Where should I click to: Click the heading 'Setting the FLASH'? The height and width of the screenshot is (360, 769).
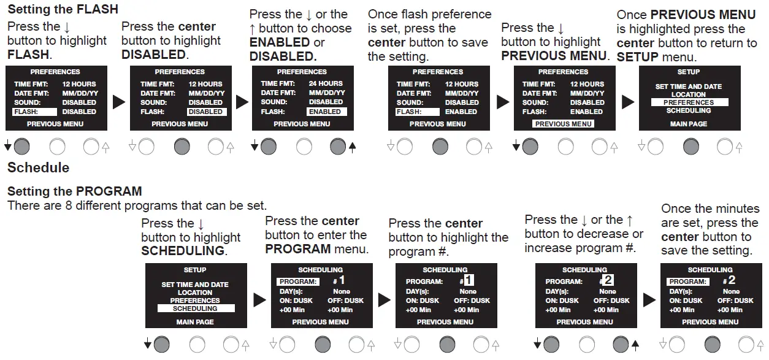63,9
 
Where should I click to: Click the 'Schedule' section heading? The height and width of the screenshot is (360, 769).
39,167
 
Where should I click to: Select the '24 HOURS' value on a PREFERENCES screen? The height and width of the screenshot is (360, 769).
326,83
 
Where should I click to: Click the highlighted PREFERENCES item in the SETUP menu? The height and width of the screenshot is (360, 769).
689,102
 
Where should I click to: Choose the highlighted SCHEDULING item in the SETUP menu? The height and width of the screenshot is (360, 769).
196,308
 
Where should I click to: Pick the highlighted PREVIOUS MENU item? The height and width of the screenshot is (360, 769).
564,124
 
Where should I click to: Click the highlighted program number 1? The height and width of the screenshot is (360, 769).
469,280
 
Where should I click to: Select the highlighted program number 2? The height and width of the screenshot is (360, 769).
608,280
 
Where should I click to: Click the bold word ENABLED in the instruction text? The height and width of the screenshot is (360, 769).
280,42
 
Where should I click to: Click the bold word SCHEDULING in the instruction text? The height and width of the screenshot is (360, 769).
183,251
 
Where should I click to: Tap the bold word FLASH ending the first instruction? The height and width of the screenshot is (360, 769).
28,55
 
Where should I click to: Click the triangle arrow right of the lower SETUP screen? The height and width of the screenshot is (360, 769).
259,300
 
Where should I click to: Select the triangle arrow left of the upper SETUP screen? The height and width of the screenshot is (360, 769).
628,102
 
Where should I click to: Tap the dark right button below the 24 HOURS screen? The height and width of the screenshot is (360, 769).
338,147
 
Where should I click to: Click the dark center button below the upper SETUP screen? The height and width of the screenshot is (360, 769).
691,147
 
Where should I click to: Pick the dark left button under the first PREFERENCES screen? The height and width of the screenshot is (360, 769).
21,147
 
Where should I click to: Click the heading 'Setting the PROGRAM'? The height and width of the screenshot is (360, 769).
74,191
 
